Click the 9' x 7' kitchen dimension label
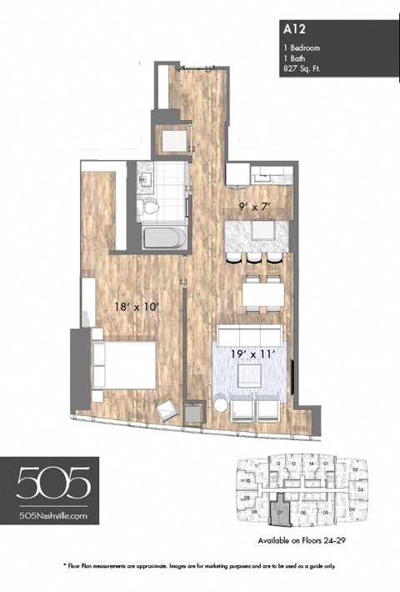pos(251,201)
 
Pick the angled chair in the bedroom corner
pos(169,410)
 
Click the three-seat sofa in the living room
pos(249,335)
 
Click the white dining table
pos(262,293)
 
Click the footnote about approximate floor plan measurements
pos(199,566)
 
